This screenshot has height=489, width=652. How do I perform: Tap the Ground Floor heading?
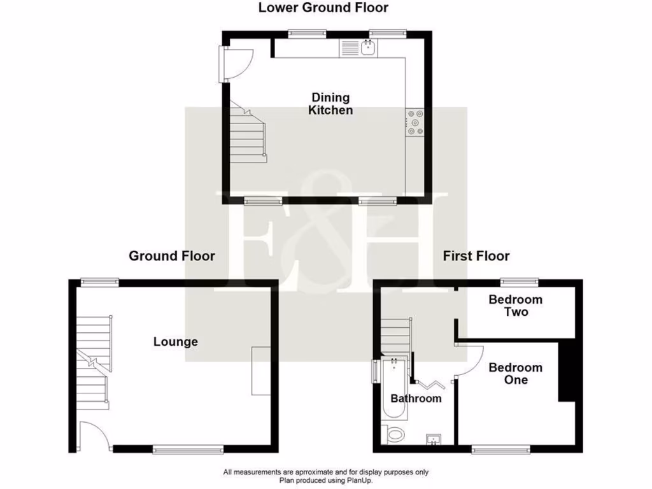click(172, 256)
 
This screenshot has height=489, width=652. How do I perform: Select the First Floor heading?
click(476, 256)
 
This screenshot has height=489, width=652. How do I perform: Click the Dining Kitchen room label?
click(330, 104)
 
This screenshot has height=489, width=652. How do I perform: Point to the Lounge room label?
click(176, 342)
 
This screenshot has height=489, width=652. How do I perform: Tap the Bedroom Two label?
click(516, 306)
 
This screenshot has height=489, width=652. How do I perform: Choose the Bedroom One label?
click(516, 374)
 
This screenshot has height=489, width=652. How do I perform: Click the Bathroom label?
click(416, 399)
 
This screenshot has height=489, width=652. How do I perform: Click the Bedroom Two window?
click(519, 281)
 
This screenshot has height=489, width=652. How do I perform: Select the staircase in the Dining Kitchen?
click(248, 135)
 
